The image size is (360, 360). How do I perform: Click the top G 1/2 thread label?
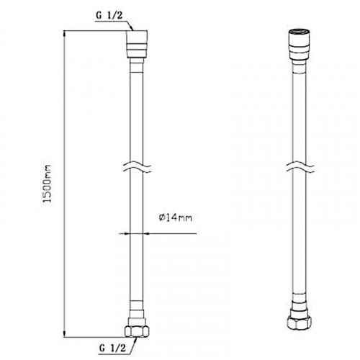pos(109,16)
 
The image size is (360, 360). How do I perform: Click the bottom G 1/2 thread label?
pos(112,348)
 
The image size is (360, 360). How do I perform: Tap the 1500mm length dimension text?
pos(48,184)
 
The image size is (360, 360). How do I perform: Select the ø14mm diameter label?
pos(176,217)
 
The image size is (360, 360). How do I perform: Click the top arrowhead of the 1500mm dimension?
pos(64,34)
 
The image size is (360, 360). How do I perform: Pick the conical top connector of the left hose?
pos(137,44)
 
